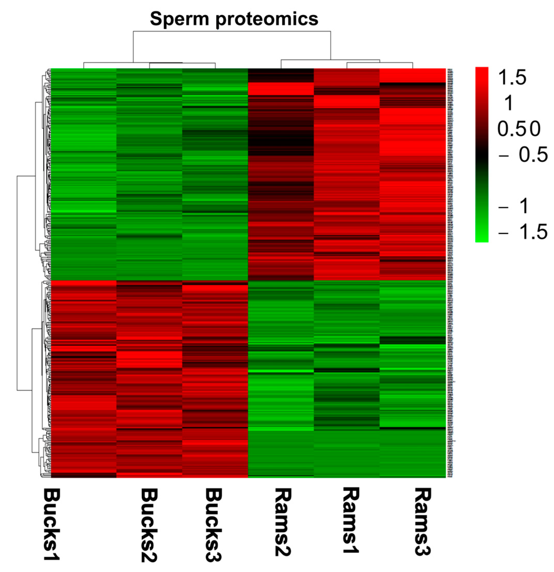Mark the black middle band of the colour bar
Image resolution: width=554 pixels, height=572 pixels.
[x=482, y=155]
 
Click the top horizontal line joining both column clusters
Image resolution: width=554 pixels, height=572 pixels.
[x=232, y=31]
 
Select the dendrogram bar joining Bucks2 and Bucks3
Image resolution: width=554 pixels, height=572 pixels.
[x=182, y=63]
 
